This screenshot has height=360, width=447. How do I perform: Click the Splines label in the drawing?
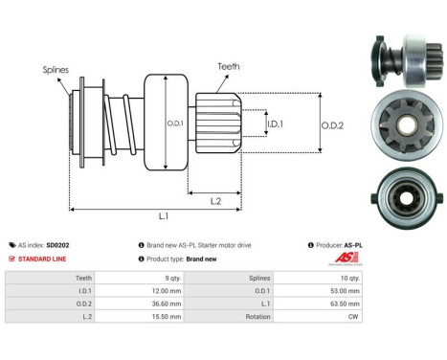coord(55,70)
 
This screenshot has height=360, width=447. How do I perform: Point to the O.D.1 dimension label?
coord(175,124)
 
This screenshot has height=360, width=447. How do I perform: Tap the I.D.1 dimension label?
coord(275,124)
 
